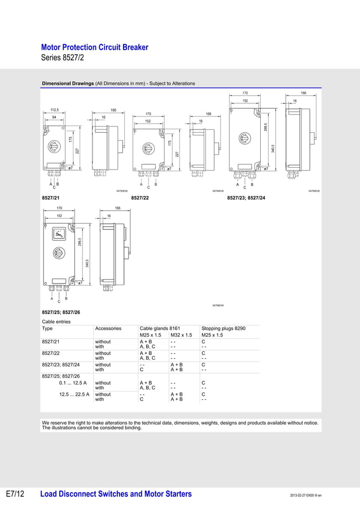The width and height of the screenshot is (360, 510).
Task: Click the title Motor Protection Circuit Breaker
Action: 95,47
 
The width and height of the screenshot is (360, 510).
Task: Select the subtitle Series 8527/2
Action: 63,58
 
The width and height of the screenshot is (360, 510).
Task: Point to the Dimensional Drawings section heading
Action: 68,84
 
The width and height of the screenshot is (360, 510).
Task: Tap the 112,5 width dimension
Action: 55,110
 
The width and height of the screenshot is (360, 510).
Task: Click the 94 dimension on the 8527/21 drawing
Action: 54,117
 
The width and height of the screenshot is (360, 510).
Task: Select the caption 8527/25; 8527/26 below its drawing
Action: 61,312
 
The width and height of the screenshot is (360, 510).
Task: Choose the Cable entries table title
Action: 56,321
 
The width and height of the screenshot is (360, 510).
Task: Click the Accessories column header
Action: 108,328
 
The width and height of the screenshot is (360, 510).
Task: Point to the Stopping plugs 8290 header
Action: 223,328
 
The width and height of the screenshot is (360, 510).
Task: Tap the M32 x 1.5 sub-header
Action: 182,335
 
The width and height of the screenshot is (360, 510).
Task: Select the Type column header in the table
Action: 47,328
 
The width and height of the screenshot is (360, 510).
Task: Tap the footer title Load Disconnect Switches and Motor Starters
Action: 116,494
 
